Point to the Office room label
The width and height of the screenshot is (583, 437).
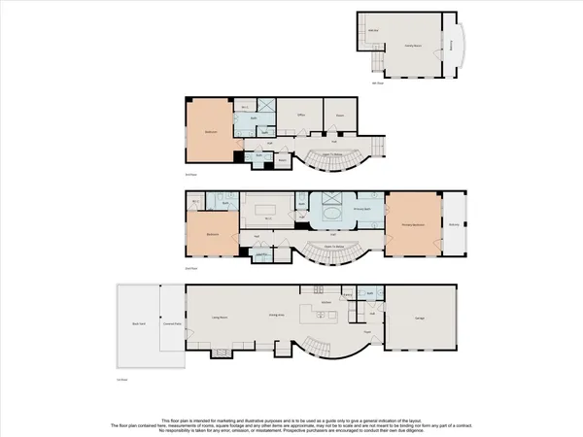point(300,115)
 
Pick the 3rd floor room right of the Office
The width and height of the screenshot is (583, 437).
point(340,115)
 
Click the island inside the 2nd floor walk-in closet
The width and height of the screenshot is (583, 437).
point(269,209)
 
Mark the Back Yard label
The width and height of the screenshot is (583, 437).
point(139,322)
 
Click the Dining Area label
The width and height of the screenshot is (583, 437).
point(275,316)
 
